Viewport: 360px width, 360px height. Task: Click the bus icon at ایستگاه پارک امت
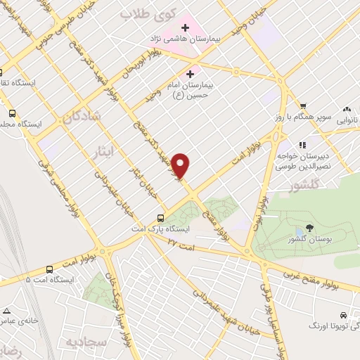pyautogui.click(x=161, y=217)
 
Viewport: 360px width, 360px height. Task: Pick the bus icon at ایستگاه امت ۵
pyautogui.click(x=49, y=269)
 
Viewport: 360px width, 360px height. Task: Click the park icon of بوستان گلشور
pyautogui.click(x=300, y=231)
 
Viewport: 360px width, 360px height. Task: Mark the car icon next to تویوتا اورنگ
pyautogui.click(x=342, y=315)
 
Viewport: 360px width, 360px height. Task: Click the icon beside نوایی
pyautogui.click(x=346, y=109)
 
